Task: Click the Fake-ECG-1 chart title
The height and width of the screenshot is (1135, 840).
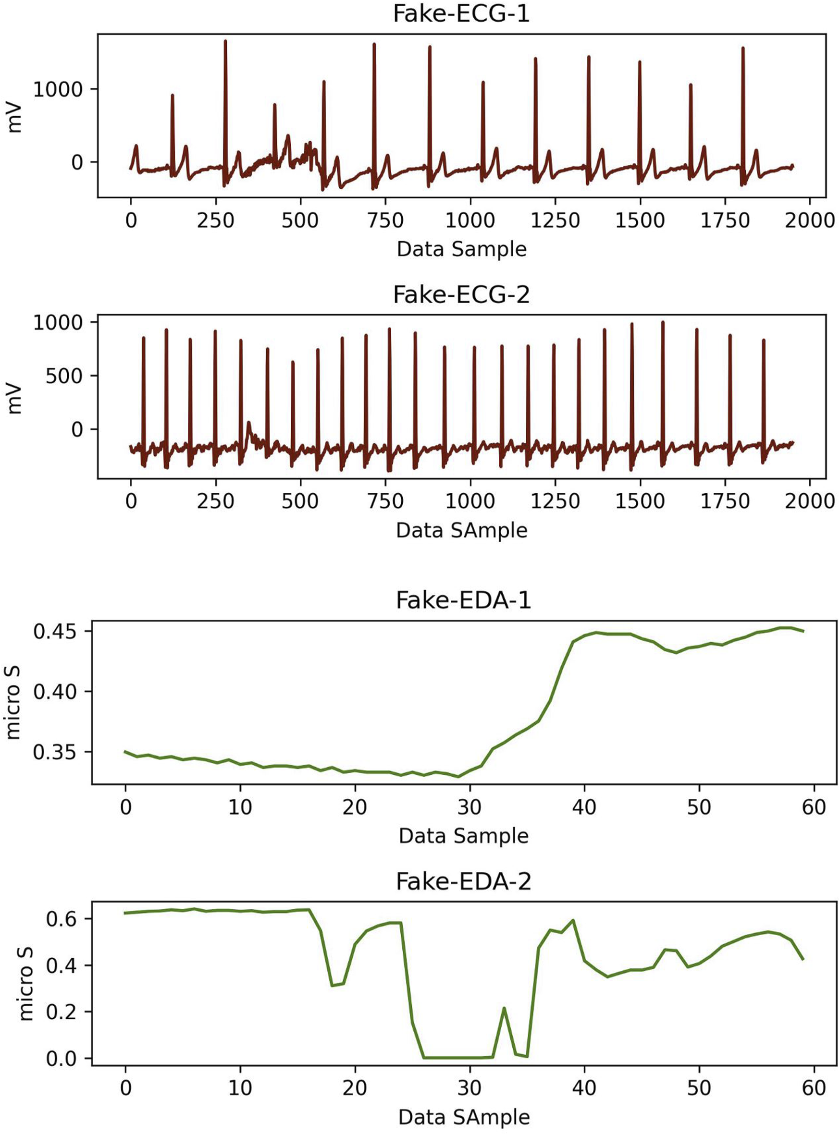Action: pos(461,14)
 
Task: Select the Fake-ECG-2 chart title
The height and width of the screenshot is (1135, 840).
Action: pos(461,294)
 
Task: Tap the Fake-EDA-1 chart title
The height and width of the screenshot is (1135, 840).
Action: pos(463,600)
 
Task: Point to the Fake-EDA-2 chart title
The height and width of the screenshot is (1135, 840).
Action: pos(463,881)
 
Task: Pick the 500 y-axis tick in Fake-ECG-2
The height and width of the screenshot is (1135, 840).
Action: pos(64,376)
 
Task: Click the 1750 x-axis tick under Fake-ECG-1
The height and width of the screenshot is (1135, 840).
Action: pos(725,220)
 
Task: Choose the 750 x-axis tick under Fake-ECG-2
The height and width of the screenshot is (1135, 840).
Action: pos(385,501)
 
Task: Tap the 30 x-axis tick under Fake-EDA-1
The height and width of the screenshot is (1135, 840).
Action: pos(469,806)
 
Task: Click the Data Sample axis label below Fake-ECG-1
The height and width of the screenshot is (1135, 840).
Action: pos(461,250)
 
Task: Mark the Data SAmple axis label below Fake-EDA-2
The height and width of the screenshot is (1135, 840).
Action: pos(463,1117)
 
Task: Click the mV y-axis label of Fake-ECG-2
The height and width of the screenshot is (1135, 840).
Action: pos(15,399)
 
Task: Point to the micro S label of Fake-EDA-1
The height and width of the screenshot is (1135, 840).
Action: pos(14,702)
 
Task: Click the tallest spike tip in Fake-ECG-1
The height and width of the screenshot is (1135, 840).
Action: pos(225,41)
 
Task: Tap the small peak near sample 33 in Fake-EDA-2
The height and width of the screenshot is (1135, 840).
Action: pos(504,1008)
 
